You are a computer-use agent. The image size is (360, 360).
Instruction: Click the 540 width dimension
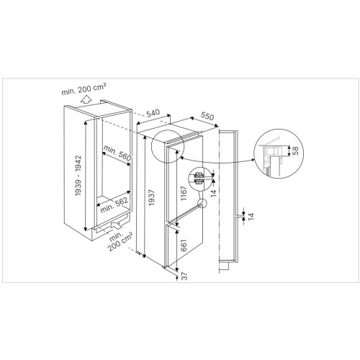153,113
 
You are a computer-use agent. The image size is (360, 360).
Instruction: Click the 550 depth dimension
207,116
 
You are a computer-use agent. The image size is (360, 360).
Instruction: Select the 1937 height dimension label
151,197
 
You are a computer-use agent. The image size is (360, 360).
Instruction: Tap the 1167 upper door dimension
184,193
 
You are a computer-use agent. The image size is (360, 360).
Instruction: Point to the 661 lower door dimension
184,245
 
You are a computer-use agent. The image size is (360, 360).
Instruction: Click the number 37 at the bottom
184,276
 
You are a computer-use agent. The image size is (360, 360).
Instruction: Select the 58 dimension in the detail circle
296,150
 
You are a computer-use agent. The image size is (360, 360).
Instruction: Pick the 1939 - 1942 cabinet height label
78,175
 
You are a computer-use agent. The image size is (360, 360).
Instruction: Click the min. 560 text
117,153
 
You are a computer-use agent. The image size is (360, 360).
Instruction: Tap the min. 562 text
114,205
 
